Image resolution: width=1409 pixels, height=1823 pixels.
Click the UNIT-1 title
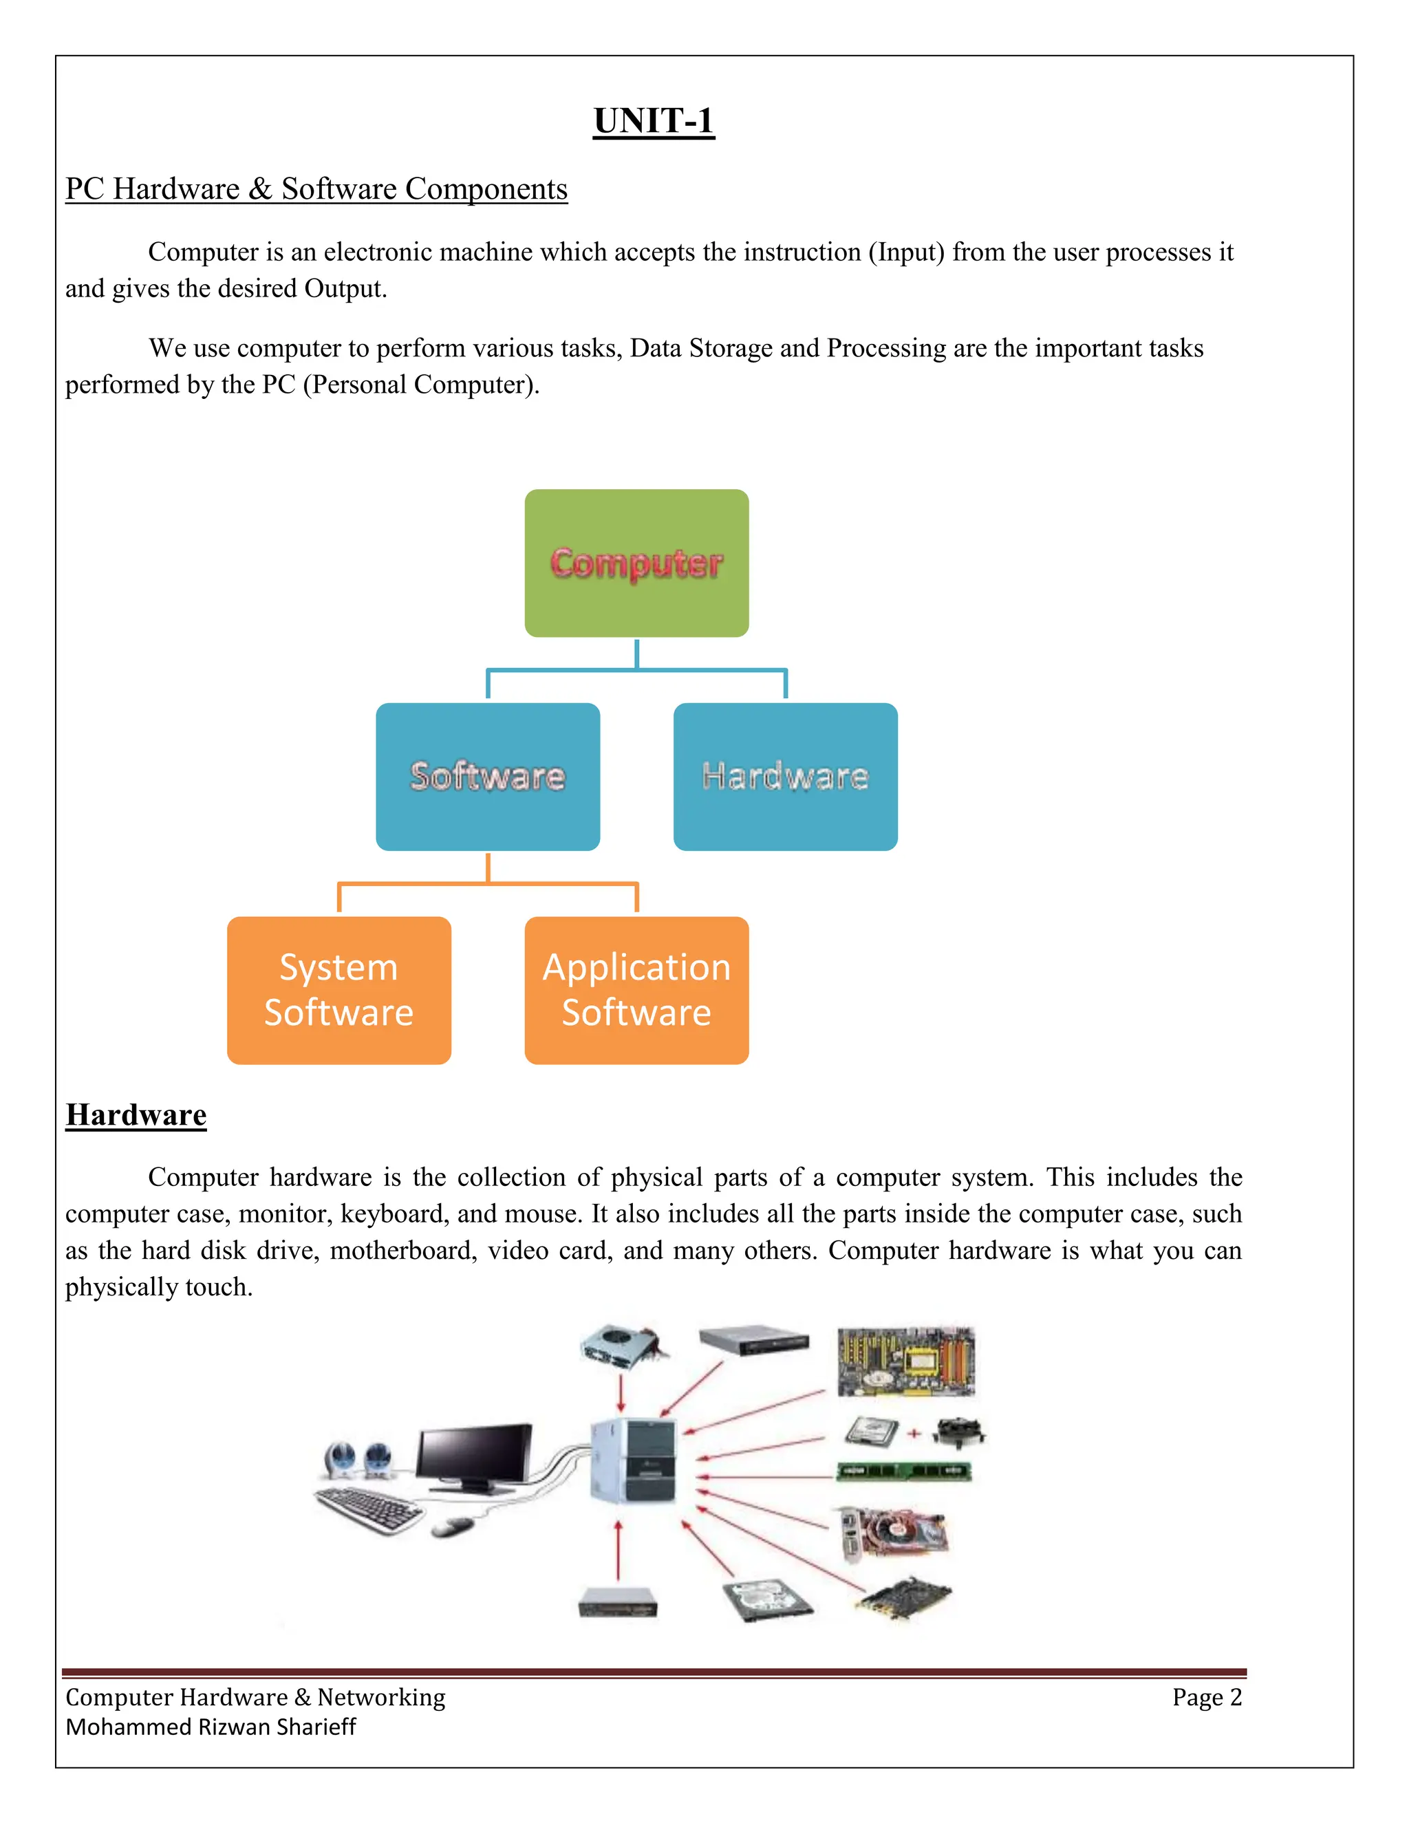point(654,121)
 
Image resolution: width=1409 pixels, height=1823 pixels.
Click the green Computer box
point(636,563)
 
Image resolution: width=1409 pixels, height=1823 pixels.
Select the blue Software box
point(488,776)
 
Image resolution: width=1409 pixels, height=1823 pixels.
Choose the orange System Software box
point(339,990)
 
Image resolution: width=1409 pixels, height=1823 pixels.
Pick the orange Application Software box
point(636,990)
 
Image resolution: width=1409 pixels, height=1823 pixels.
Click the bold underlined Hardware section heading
point(136,1115)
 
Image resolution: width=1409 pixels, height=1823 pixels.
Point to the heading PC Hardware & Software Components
point(316,189)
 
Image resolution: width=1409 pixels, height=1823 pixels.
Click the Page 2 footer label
point(1206,1697)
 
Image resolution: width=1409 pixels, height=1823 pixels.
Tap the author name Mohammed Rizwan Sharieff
point(211,1727)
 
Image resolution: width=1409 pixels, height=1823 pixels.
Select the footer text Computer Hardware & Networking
point(255,1697)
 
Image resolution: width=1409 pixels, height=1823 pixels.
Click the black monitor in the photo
point(474,1456)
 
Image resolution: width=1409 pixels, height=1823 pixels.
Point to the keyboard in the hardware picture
point(369,1509)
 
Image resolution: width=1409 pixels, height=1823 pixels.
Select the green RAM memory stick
point(904,1471)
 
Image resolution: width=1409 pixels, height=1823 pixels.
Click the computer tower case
point(633,1460)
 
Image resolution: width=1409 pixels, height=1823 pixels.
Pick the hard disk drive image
point(766,1599)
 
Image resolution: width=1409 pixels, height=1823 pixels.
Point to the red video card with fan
point(895,1533)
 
